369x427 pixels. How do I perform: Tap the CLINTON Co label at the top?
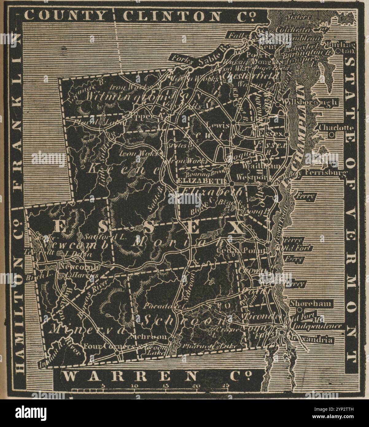coord(188,16)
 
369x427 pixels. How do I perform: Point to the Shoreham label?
coord(311,304)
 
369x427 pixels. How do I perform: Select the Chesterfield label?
coord(251,75)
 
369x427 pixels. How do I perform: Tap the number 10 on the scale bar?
coord(134,386)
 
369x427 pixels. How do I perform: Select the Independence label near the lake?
coord(317,326)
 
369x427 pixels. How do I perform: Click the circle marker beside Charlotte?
coord(331,135)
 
